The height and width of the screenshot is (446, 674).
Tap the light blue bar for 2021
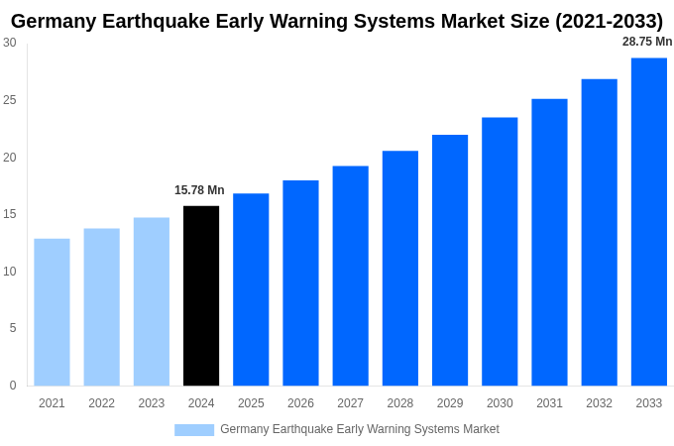(52, 311)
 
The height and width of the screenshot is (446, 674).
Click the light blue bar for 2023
(152, 301)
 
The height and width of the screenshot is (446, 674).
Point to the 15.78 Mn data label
(199, 190)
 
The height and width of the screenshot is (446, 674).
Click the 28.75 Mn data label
(647, 42)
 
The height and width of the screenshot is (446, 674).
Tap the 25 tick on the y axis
(10, 100)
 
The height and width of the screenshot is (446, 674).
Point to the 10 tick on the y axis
(10, 272)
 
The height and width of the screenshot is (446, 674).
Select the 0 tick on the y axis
(13, 386)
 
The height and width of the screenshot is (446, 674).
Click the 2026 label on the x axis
(300, 403)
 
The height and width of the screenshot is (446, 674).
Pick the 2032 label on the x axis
(599, 403)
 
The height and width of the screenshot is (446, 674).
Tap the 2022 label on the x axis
(101, 403)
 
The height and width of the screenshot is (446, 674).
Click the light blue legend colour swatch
(194, 430)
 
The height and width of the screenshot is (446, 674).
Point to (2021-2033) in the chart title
(599, 21)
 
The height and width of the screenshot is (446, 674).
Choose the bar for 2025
(251, 289)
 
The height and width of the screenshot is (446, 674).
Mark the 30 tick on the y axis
(10, 43)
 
